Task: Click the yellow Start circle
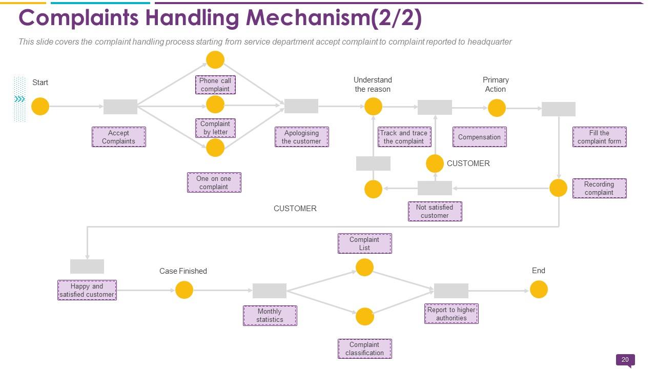click(x=40, y=107)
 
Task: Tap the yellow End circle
click(x=539, y=290)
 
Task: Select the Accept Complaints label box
click(x=118, y=137)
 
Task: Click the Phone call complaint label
click(x=215, y=85)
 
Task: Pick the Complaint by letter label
click(x=215, y=128)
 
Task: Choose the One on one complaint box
click(x=214, y=182)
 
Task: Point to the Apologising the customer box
click(x=301, y=137)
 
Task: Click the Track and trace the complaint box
click(x=404, y=137)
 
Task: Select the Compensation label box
click(x=479, y=137)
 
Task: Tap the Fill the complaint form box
click(x=599, y=137)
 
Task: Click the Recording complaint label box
click(x=599, y=188)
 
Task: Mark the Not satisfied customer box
click(x=435, y=211)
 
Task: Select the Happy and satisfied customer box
click(x=87, y=290)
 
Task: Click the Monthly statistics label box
click(x=270, y=315)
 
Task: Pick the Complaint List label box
click(x=364, y=243)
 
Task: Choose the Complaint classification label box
click(x=364, y=348)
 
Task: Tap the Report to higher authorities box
click(x=451, y=314)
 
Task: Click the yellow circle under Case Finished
click(x=184, y=290)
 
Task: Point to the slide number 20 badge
click(x=625, y=360)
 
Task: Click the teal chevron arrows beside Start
click(x=19, y=99)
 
